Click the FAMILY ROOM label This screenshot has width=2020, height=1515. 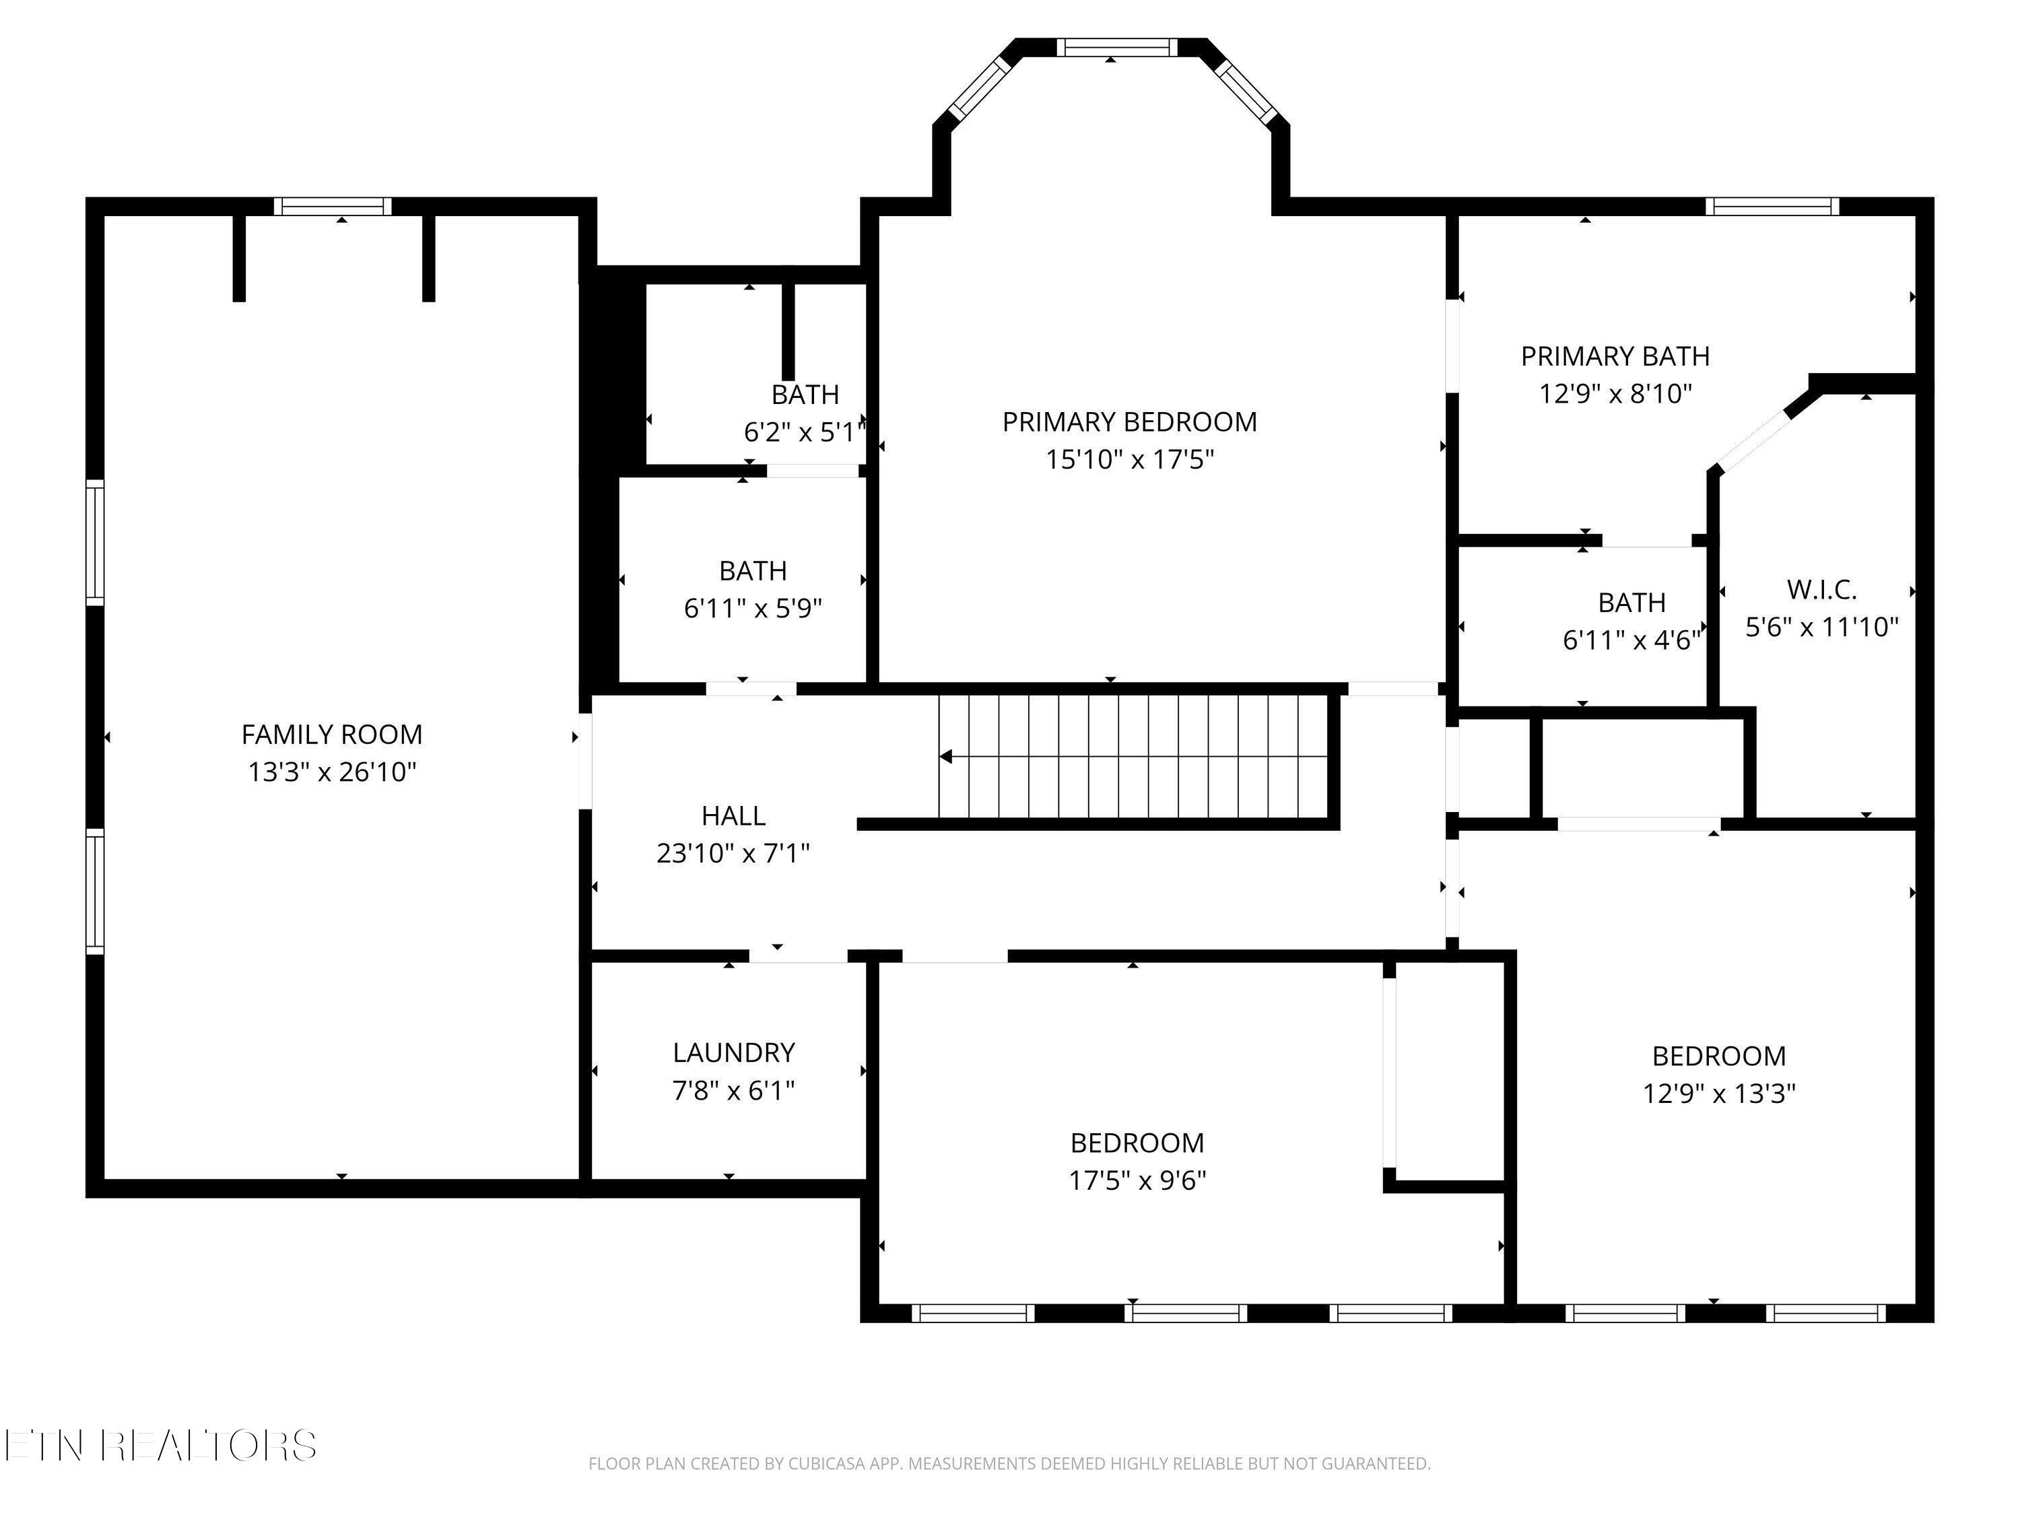pos(331,734)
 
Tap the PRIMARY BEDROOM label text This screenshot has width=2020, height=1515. pos(1130,422)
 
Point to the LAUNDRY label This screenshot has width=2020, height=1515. pos(733,1053)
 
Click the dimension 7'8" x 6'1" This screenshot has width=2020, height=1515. pos(733,1090)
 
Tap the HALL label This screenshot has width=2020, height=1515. pos(733,815)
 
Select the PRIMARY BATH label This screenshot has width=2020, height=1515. pos(1615,356)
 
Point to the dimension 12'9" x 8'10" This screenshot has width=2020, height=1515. pos(1615,394)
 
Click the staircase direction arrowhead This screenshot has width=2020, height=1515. pos(946,756)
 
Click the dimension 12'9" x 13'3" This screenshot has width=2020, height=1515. pos(1718,1093)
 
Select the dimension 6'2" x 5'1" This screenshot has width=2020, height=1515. pos(803,432)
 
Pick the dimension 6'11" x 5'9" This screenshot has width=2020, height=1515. pos(753,608)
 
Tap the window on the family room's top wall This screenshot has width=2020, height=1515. pos(333,207)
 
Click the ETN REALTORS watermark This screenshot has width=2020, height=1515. pos(161,1446)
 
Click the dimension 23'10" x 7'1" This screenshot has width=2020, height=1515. pos(733,853)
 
